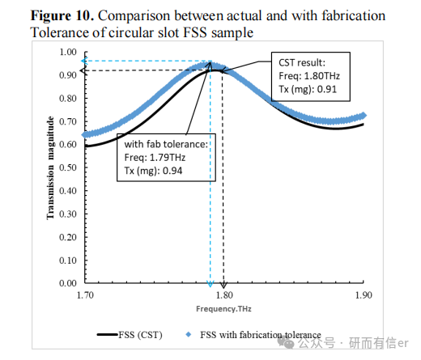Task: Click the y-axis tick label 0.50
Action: click(x=68, y=167)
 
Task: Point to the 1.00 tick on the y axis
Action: click(x=68, y=52)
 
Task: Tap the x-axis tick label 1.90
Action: click(x=364, y=295)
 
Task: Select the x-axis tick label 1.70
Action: click(x=85, y=295)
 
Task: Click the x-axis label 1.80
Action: click(x=224, y=295)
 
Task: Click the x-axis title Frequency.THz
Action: click(x=223, y=309)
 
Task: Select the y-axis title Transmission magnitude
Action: click(x=50, y=167)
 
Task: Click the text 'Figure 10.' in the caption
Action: click(x=62, y=15)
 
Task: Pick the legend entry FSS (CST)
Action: click(x=130, y=335)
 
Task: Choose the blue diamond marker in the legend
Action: click(x=189, y=335)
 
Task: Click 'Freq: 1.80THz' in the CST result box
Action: click(x=309, y=76)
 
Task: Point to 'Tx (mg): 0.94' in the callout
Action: click(x=153, y=171)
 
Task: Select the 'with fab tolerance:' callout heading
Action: click(x=166, y=144)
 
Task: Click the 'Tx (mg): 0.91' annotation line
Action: click(x=308, y=89)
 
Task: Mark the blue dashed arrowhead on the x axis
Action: click(x=210, y=284)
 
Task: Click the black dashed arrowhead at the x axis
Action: click(x=223, y=285)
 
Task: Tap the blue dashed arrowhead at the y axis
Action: click(x=84, y=61)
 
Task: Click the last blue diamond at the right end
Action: click(x=364, y=116)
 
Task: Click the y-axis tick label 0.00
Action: click(x=68, y=283)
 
